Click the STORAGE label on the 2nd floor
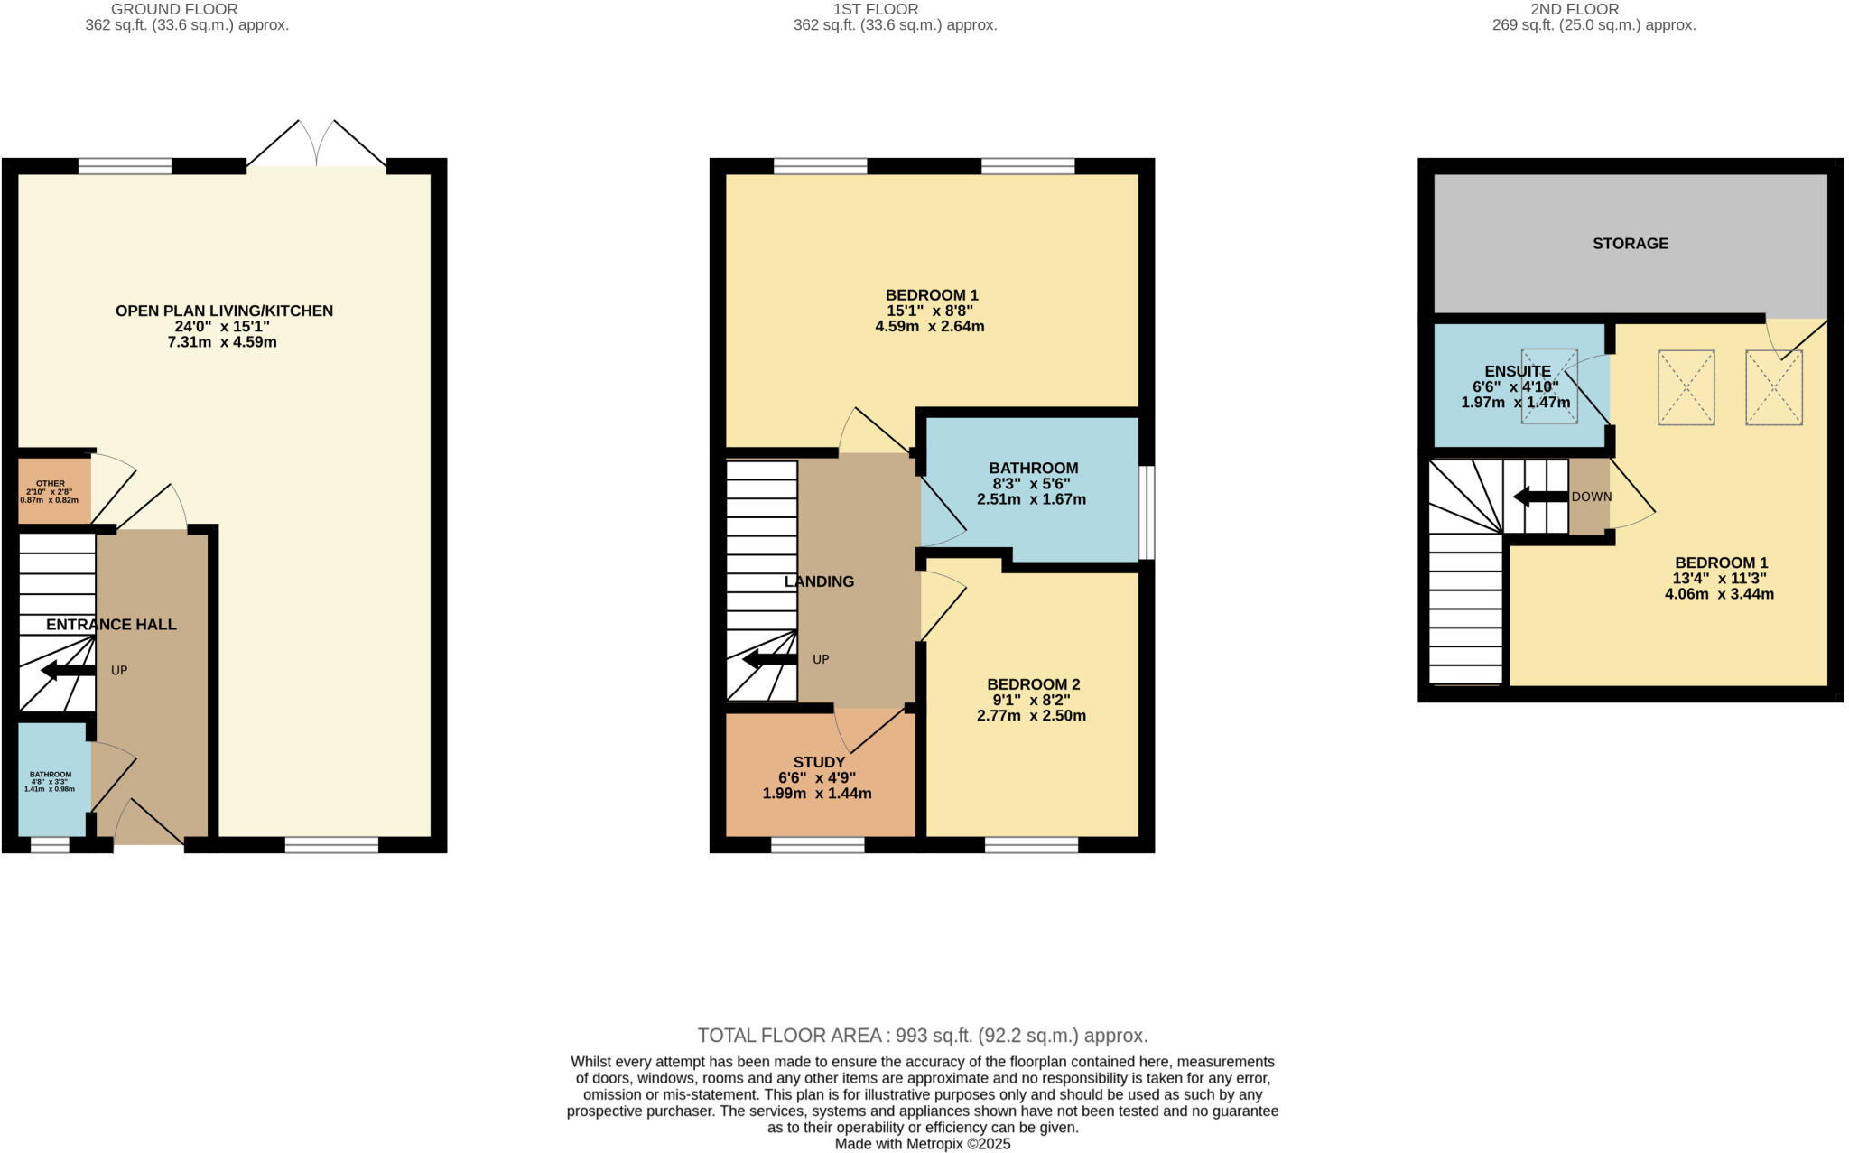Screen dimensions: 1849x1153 [1631, 243]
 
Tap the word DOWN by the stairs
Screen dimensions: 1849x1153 [1592, 497]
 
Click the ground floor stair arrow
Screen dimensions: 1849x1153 [68, 670]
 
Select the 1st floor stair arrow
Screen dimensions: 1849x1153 [769, 659]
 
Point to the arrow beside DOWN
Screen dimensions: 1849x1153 [1540, 497]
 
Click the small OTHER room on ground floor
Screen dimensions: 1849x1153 [54, 491]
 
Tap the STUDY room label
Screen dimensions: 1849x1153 [819, 762]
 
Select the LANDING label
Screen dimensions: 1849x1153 [819, 581]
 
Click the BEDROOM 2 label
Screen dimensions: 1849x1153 [1033, 684]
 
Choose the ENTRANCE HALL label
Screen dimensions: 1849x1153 [111, 624]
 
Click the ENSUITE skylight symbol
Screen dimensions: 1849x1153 [1549, 386]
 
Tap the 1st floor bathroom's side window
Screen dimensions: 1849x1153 [1147, 512]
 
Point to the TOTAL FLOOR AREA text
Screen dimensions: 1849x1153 [923, 1036]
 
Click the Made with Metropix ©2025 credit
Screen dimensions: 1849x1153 [923, 1144]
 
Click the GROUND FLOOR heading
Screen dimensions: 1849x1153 [174, 9]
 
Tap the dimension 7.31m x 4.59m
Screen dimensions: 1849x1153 [222, 342]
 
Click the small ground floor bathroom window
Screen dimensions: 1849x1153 [50, 845]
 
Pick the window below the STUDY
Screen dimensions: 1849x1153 [817, 845]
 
